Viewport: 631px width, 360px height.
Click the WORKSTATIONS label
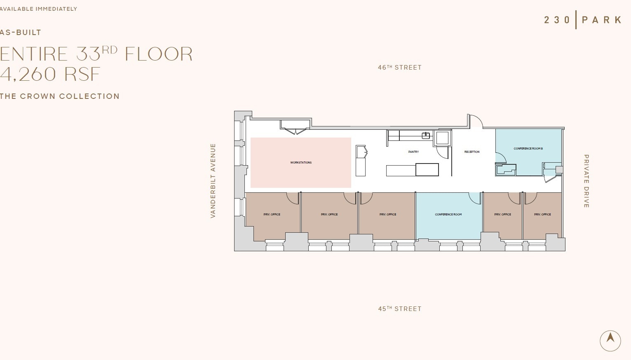(x=301, y=163)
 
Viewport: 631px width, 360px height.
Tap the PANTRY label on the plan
(x=413, y=152)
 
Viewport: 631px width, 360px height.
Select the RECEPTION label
(x=472, y=152)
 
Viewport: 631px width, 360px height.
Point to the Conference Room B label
(x=528, y=149)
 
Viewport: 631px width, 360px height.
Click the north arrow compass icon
(x=610, y=341)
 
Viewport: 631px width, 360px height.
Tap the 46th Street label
(x=400, y=68)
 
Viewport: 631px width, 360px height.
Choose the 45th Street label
(x=400, y=309)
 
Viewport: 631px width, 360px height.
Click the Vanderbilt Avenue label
(x=213, y=180)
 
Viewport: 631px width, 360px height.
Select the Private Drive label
(x=586, y=181)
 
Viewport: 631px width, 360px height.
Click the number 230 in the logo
(x=557, y=20)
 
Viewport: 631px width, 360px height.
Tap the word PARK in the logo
(x=601, y=20)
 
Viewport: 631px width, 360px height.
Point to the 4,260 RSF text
(x=50, y=74)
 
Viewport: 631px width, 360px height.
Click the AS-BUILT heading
(x=21, y=33)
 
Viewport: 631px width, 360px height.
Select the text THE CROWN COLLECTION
(x=60, y=96)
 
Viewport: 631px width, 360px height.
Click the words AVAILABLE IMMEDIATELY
(x=38, y=9)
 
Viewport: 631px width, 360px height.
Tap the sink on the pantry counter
(x=426, y=135)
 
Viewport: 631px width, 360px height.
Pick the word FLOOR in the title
(x=159, y=54)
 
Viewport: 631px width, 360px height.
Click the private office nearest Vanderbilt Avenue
(x=272, y=215)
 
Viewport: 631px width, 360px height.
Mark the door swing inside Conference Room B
(x=500, y=158)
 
